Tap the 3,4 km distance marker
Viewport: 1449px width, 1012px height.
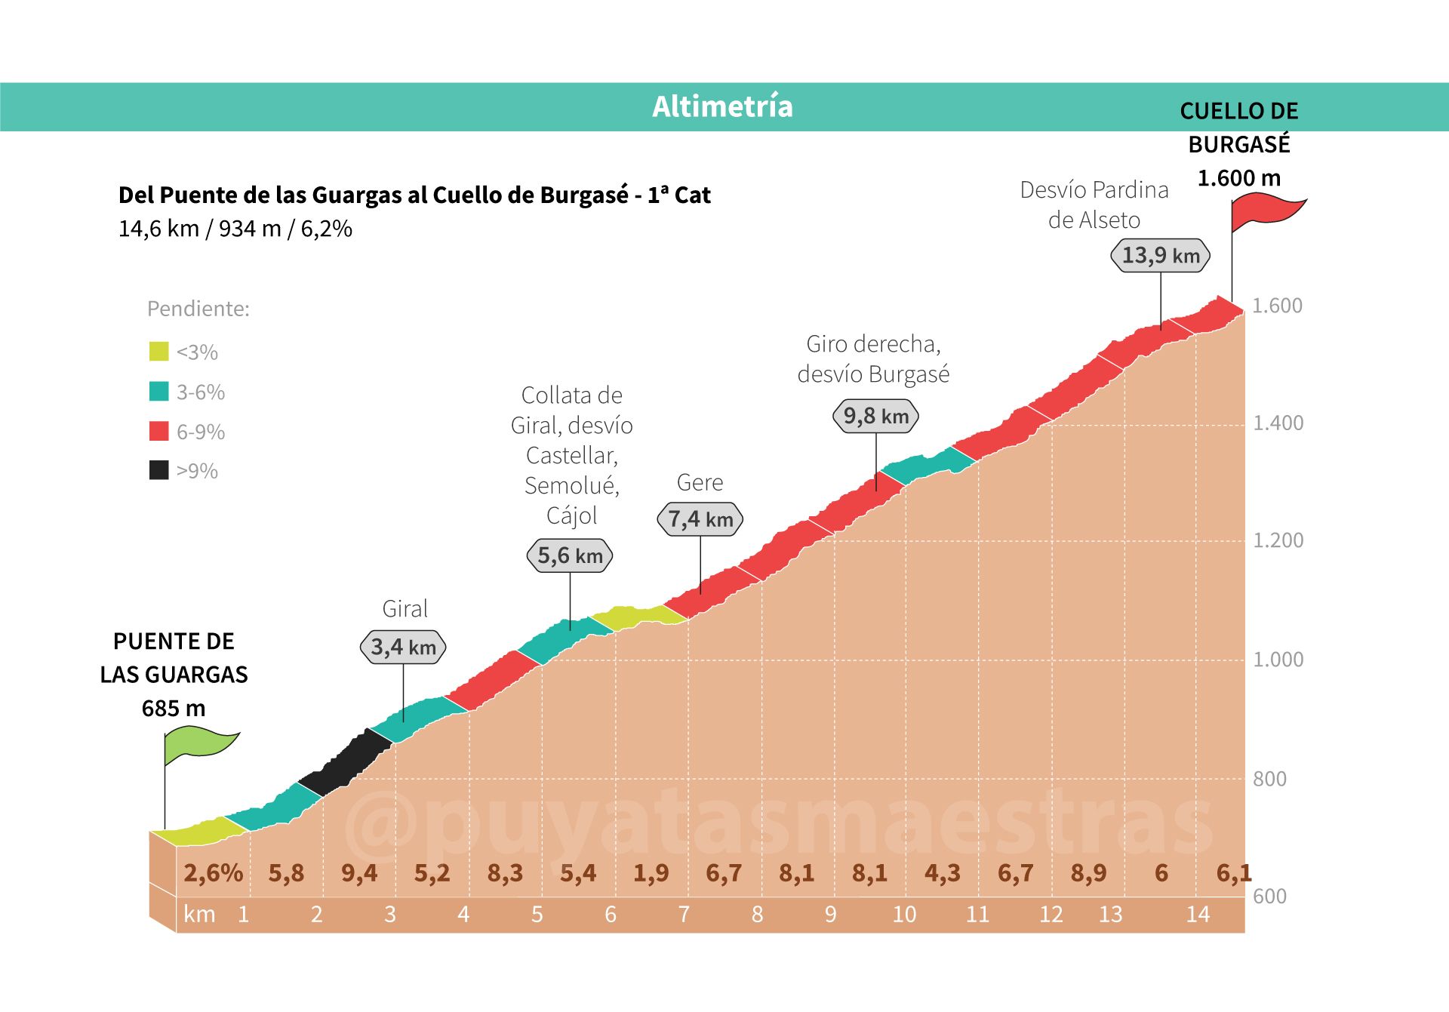(x=404, y=647)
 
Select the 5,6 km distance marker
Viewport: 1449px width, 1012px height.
(x=570, y=556)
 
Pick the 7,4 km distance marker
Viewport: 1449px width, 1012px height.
(x=700, y=519)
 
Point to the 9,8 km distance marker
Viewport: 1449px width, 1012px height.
(x=875, y=416)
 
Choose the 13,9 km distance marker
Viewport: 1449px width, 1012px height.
(x=1160, y=255)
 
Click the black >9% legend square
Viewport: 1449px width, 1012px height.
(x=158, y=470)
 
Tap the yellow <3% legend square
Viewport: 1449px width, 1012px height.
(x=158, y=352)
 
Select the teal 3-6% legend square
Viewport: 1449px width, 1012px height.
(x=158, y=392)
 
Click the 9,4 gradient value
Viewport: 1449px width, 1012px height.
(x=359, y=873)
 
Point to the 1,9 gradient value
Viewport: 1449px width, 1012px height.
(x=651, y=873)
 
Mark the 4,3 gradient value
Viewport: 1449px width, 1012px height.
(x=943, y=873)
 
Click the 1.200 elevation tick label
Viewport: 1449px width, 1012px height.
(x=1278, y=540)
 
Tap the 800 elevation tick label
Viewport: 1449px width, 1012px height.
(x=1269, y=779)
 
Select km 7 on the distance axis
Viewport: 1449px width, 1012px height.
(x=684, y=915)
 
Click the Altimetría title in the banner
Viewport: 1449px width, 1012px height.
(x=722, y=106)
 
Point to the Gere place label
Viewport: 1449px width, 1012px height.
(x=700, y=482)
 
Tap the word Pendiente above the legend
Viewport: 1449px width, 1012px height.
(x=198, y=309)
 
